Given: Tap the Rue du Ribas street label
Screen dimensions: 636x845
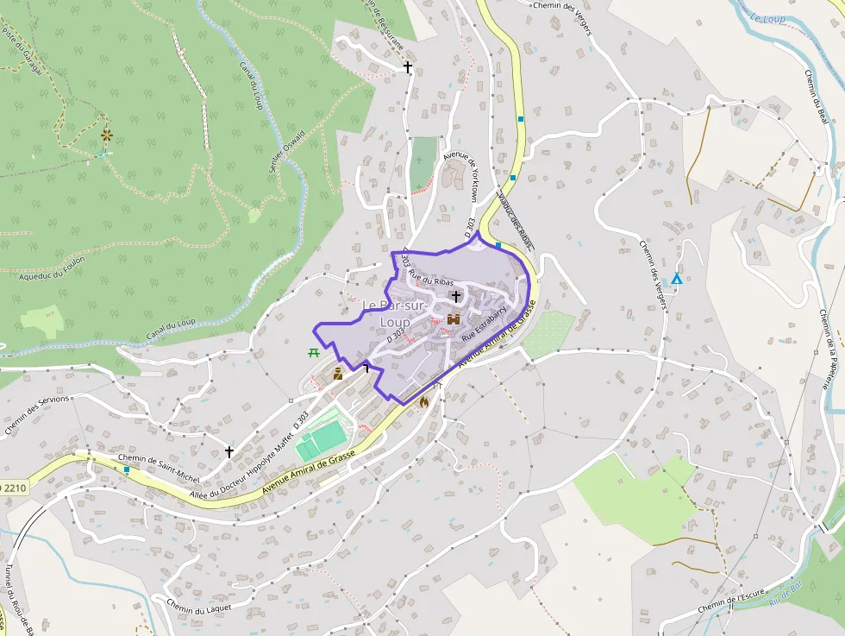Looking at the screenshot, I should (431, 278).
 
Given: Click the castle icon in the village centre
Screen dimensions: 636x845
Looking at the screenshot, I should (453, 319).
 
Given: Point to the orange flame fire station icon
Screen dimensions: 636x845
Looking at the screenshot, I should (423, 401).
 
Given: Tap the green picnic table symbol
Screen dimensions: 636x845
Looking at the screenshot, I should (313, 352).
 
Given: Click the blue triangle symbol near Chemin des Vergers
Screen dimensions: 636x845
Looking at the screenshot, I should (677, 280).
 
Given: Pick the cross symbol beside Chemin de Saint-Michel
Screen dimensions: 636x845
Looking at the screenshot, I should (229, 451).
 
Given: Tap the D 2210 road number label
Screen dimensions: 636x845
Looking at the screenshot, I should (14, 488).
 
